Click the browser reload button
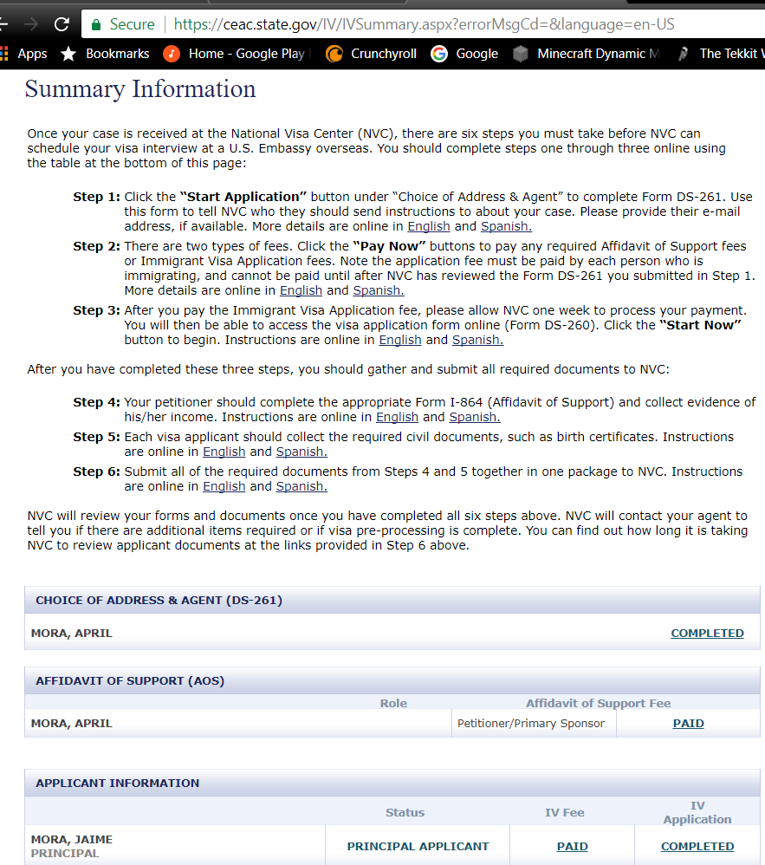tap(62, 24)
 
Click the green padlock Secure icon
tap(97, 24)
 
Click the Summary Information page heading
tap(140, 89)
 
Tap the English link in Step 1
tap(429, 226)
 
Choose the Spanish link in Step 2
tap(379, 290)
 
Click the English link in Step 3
tap(400, 340)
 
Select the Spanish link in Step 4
tap(474, 417)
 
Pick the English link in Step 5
tap(224, 452)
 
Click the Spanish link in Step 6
tap(301, 486)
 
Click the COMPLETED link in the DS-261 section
tap(707, 633)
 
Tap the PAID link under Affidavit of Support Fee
tap(688, 723)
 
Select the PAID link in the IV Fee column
tap(572, 846)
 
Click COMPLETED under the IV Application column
tap(697, 846)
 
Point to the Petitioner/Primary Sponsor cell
tap(531, 723)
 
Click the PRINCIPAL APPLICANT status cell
tap(418, 846)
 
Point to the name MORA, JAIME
tap(72, 839)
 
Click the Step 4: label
tap(96, 402)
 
